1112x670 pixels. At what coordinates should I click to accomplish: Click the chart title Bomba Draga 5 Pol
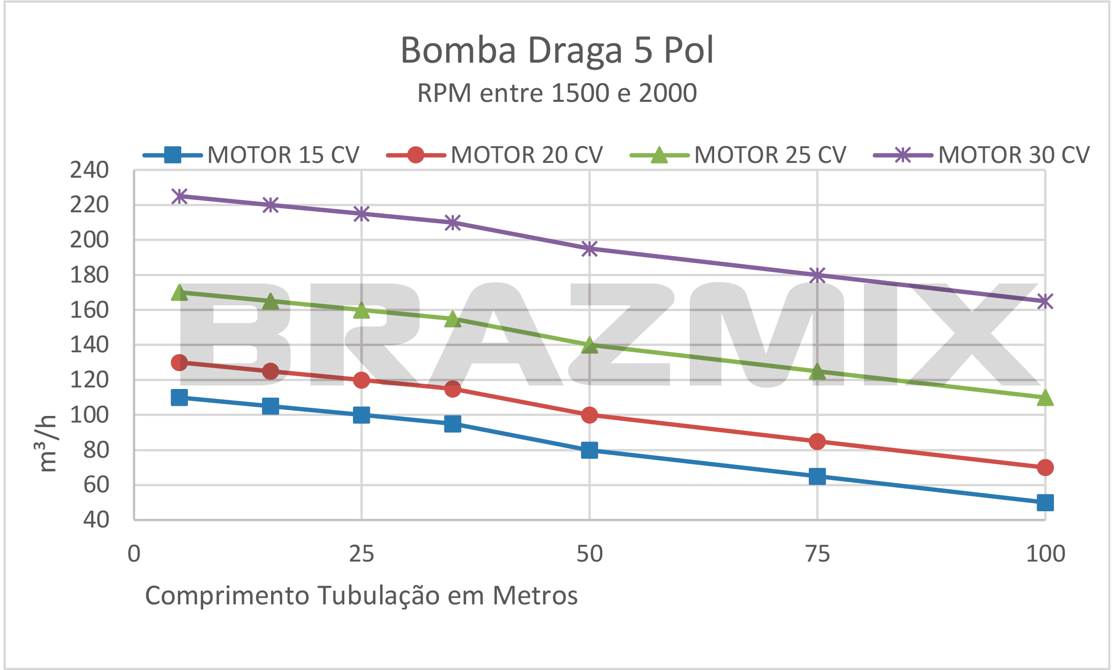click(x=557, y=50)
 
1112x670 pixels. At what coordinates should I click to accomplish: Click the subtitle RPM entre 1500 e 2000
click(x=557, y=93)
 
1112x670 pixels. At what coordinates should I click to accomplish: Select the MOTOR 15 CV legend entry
click(x=283, y=155)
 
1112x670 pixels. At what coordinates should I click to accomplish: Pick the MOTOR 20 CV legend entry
click(x=526, y=155)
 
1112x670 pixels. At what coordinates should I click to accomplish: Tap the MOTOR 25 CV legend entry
click(x=770, y=155)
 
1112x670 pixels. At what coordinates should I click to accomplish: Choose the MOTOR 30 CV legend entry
click(x=1013, y=155)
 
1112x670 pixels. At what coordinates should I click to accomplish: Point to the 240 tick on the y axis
click(x=90, y=170)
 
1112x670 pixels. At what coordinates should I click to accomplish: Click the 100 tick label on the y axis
click(x=90, y=415)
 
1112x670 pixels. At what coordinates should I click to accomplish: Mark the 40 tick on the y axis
click(x=96, y=520)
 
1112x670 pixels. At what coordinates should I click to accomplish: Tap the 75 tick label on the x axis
click(x=817, y=554)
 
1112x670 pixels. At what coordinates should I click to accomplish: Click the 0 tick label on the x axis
click(x=134, y=554)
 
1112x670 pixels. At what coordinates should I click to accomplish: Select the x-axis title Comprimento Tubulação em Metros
click(x=361, y=595)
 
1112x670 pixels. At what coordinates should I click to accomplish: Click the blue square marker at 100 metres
click(x=1045, y=503)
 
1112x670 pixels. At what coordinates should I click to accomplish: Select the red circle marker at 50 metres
click(x=589, y=415)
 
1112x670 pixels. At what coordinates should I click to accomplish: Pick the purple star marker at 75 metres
click(x=817, y=275)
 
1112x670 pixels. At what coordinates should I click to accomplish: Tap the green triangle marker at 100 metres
click(x=1045, y=398)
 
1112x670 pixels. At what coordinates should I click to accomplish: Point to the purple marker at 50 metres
click(x=589, y=249)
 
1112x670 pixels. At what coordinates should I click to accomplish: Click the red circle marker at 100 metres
click(x=1045, y=467)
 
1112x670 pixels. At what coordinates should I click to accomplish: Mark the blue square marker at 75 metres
click(x=817, y=477)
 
